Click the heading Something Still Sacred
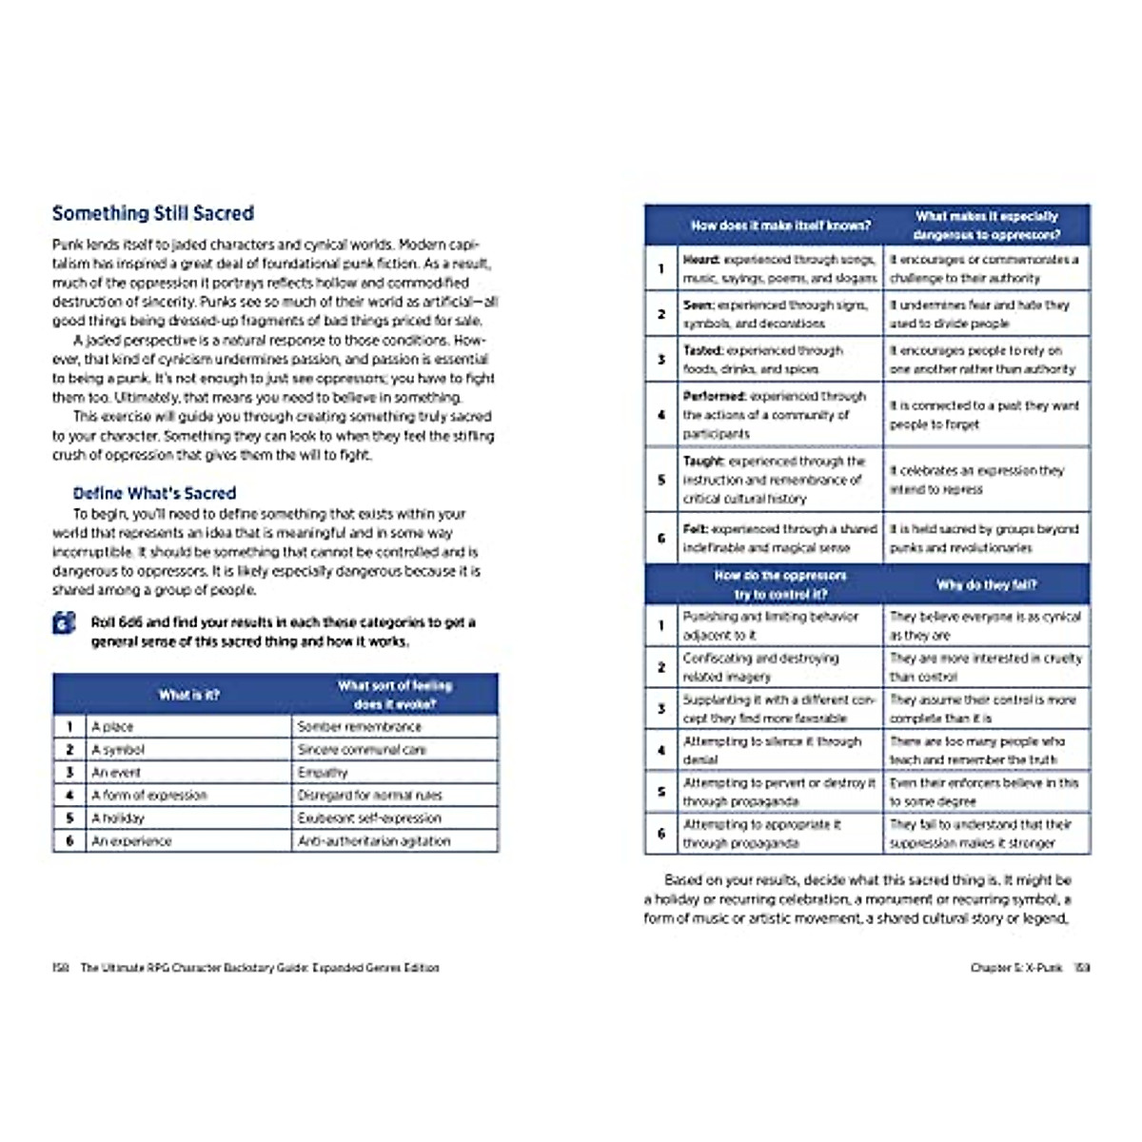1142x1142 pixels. (153, 213)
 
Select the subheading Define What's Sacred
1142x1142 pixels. (154, 493)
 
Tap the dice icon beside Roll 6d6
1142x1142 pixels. (64, 624)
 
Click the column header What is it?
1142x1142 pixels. (188, 695)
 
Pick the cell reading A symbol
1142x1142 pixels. (119, 750)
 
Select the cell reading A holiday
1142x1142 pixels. (119, 818)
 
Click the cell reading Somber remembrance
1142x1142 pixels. (359, 727)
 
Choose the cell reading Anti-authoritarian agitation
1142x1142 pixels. (374, 841)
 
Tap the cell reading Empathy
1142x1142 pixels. (323, 773)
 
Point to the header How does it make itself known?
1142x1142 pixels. (780, 226)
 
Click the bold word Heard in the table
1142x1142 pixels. (700, 259)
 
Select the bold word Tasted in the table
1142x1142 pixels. (703, 350)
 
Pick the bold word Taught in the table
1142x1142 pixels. (704, 462)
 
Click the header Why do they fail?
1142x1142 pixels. (986, 585)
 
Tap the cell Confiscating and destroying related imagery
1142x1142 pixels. (761, 667)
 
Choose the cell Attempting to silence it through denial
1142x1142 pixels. (772, 750)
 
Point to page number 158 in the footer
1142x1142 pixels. (61, 968)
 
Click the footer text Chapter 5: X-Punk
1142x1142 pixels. (1015, 968)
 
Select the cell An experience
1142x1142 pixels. (132, 841)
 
